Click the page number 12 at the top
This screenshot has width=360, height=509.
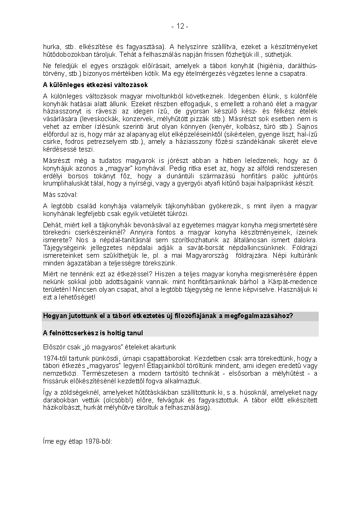tap(180, 27)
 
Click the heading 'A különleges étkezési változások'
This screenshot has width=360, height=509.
tap(95, 85)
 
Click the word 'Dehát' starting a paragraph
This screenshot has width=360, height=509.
tap(52, 225)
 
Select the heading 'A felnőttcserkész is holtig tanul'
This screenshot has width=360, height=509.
tap(93, 333)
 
